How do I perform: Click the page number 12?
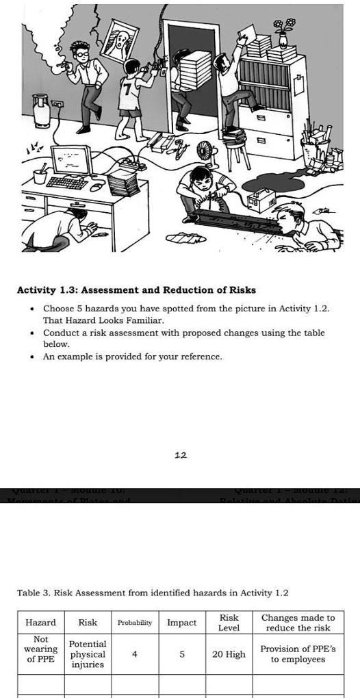181,454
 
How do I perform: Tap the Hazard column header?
40,623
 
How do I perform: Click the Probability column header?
134,623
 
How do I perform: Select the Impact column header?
181,623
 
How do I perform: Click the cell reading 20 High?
229,654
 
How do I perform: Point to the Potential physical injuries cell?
88,654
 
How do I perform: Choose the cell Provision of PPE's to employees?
298,654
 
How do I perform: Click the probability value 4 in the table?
134,654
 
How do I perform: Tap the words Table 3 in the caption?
32,593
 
